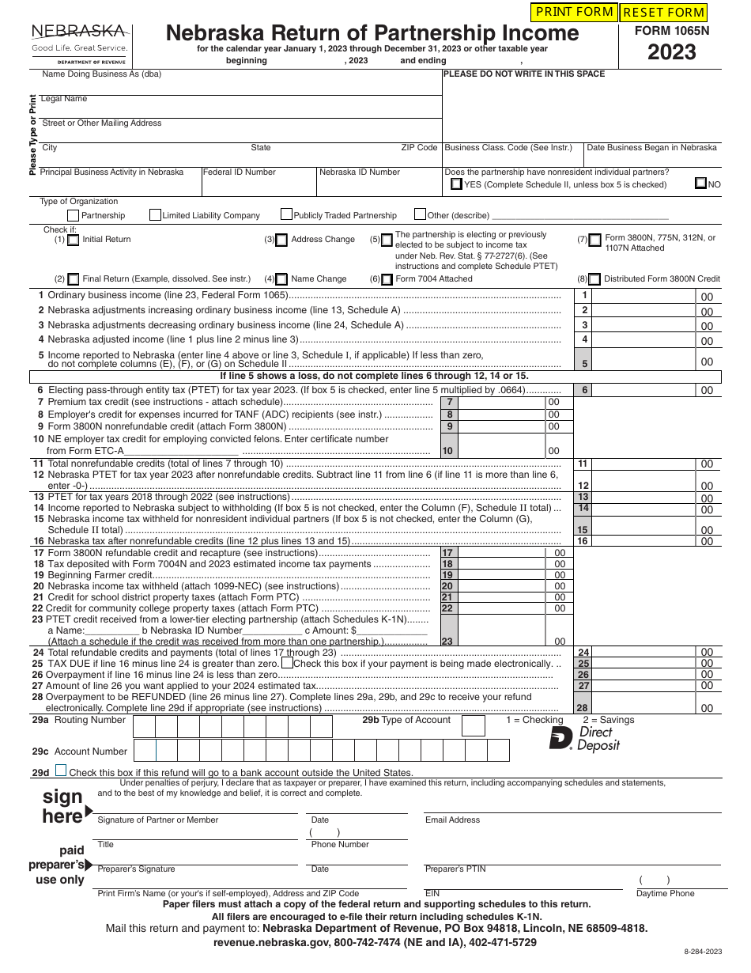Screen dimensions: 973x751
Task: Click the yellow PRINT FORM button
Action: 575,12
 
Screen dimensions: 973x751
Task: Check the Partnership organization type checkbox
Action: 74,215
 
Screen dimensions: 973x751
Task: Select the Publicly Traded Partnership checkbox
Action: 286,214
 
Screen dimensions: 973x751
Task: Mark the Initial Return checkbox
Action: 74,240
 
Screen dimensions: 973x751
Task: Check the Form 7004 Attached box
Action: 387,279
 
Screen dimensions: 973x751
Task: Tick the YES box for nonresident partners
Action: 456,184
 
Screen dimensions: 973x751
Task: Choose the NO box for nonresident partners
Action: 700,184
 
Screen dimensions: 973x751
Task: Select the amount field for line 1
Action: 643,296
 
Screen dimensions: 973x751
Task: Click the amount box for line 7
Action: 501,403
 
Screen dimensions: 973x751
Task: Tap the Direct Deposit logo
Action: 585,739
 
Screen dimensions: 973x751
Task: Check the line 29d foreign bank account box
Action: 61,771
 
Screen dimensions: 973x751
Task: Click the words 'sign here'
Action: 63,806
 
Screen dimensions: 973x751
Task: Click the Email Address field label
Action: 452,820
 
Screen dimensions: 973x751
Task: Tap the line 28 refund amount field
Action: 643,708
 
